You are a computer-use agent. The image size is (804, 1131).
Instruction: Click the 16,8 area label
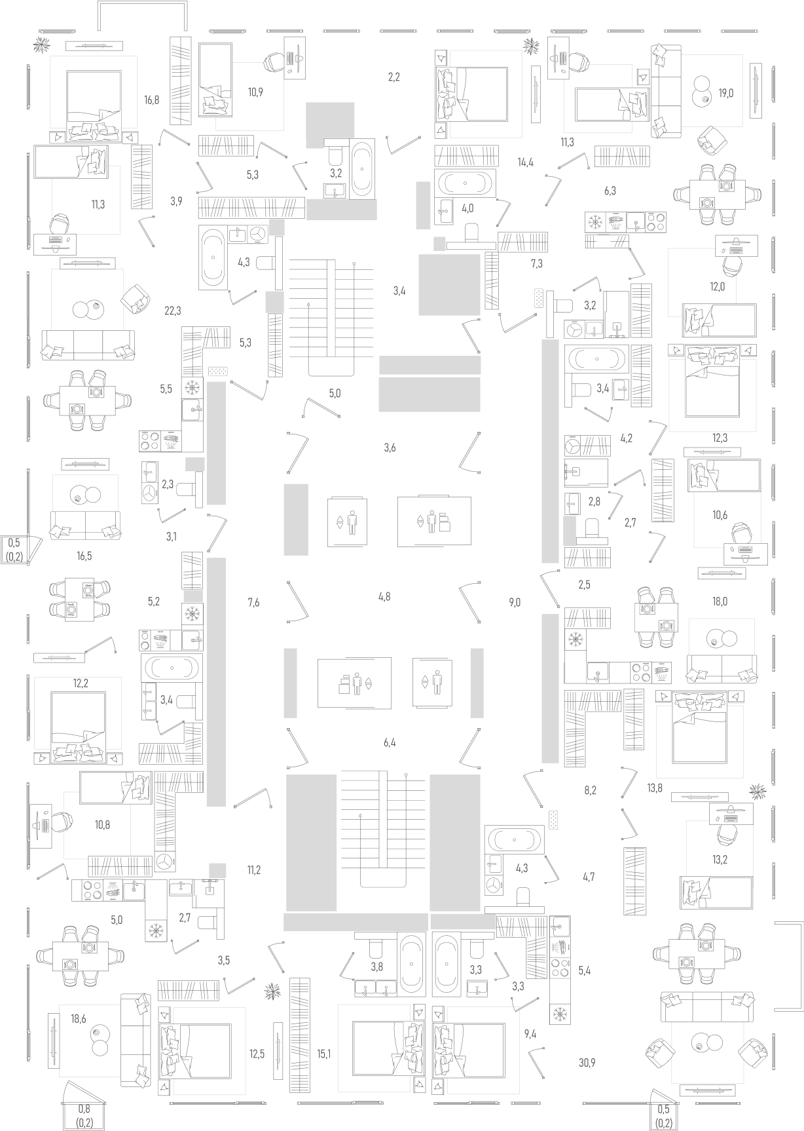pyautogui.click(x=151, y=100)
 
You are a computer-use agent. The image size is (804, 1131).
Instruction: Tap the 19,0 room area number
pyautogui.click(x=725, y=93)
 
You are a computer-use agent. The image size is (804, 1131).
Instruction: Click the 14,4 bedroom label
pyautogui.click(x=525, y=163)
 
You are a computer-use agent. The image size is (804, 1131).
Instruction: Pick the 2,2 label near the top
pyautogui.click(x=393, y=77)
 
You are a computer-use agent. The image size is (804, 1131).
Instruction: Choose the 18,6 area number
pyautogui.click(x=79, y=1018)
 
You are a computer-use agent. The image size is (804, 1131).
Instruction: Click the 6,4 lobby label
pyautogui.click(x=390, y=743)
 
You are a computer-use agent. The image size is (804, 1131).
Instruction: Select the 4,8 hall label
pyautogui.click(x=384, y=597)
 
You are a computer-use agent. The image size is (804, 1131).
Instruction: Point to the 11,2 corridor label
pyautogui.click(x=254, y=870)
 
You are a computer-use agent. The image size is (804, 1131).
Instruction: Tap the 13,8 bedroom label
pyautogui.click(x=655, y=788)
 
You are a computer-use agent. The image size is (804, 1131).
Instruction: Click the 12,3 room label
pyautogui.click(x=719, y=438)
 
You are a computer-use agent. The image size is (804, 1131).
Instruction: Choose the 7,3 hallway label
pyautogui.click(x=536, y=264)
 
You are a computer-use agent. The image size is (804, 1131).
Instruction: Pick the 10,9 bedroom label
pyautogui.click(x=255, y=92)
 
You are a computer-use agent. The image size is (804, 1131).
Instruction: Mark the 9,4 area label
pyautogui.click(x=530, y=1035)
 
